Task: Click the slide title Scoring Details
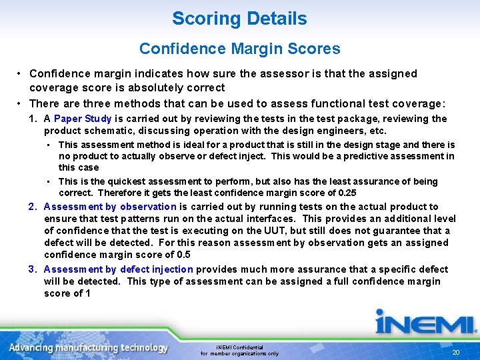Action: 239,19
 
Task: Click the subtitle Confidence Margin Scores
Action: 239,49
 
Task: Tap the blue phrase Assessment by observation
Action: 110,207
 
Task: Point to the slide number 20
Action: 456,353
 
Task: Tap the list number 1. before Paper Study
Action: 33,119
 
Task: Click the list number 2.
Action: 33,207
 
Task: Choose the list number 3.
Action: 33,269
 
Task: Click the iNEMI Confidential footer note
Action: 240,350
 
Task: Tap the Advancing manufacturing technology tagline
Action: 89,348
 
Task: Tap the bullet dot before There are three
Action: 21,103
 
